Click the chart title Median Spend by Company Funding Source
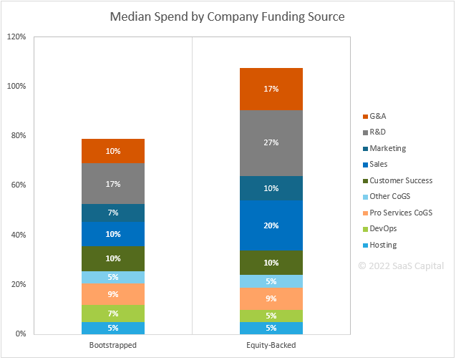coord(228,16)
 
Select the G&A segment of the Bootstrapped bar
coord(113,151)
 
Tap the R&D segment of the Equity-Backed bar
coord(271,142)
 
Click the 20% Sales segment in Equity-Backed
coord(271,225)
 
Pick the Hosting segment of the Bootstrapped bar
coord(113,328)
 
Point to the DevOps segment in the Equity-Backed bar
coord(271,316)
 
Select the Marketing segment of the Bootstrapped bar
coord(113,213)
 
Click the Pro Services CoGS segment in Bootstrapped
coord(113,294)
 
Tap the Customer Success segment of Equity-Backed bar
coord(271,262)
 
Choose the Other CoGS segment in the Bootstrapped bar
coord(113,277)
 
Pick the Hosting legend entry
coord(382,245)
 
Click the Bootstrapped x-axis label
coord(113,345)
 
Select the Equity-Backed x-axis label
coord(271,345)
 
